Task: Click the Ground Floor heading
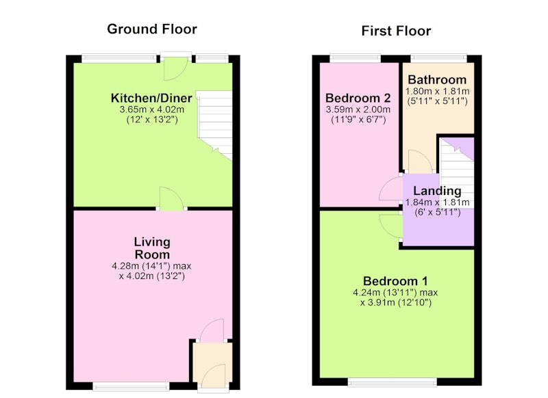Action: coord(152,29)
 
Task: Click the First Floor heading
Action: coord(396,31)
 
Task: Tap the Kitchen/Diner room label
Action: coord(151,98)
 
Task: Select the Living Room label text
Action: coord(152,248)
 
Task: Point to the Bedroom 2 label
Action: coord(358,98)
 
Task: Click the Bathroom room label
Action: coord(437,80)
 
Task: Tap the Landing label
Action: coord(437,191)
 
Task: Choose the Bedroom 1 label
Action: coord(395,281)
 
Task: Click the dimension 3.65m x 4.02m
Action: coord(151,109)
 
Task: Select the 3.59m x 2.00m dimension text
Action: coord(358,109)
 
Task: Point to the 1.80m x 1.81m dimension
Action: coord(437,92)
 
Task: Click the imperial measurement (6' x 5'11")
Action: coord(437,212)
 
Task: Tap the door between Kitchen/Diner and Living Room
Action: coord(171,199)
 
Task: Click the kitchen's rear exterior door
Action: coord(176,68)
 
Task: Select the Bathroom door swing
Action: coord(421,161)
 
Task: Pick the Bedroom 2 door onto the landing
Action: coord(391,189)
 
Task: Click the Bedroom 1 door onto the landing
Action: coord(391,227)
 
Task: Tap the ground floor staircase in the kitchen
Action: coord(214,125)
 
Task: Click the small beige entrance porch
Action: coord(212,362)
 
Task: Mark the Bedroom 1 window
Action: coord(392,382)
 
